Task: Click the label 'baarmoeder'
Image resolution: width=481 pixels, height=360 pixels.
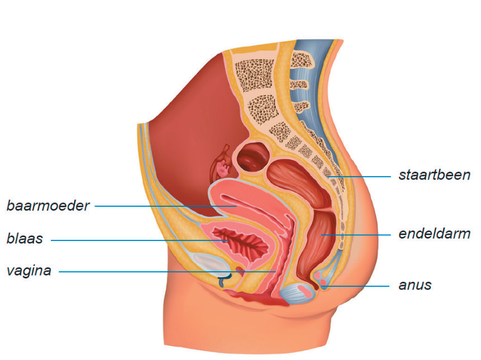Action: [48, 206]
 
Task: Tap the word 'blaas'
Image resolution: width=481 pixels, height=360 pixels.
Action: [25, 240]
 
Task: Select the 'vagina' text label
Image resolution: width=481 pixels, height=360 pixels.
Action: [29, 272]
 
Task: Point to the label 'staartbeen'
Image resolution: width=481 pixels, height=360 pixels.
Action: [434, 175]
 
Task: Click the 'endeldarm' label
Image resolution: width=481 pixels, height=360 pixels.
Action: [434, 234]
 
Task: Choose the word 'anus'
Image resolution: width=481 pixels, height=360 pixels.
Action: [415, 285]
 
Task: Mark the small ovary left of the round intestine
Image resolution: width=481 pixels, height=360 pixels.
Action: [225, 165]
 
